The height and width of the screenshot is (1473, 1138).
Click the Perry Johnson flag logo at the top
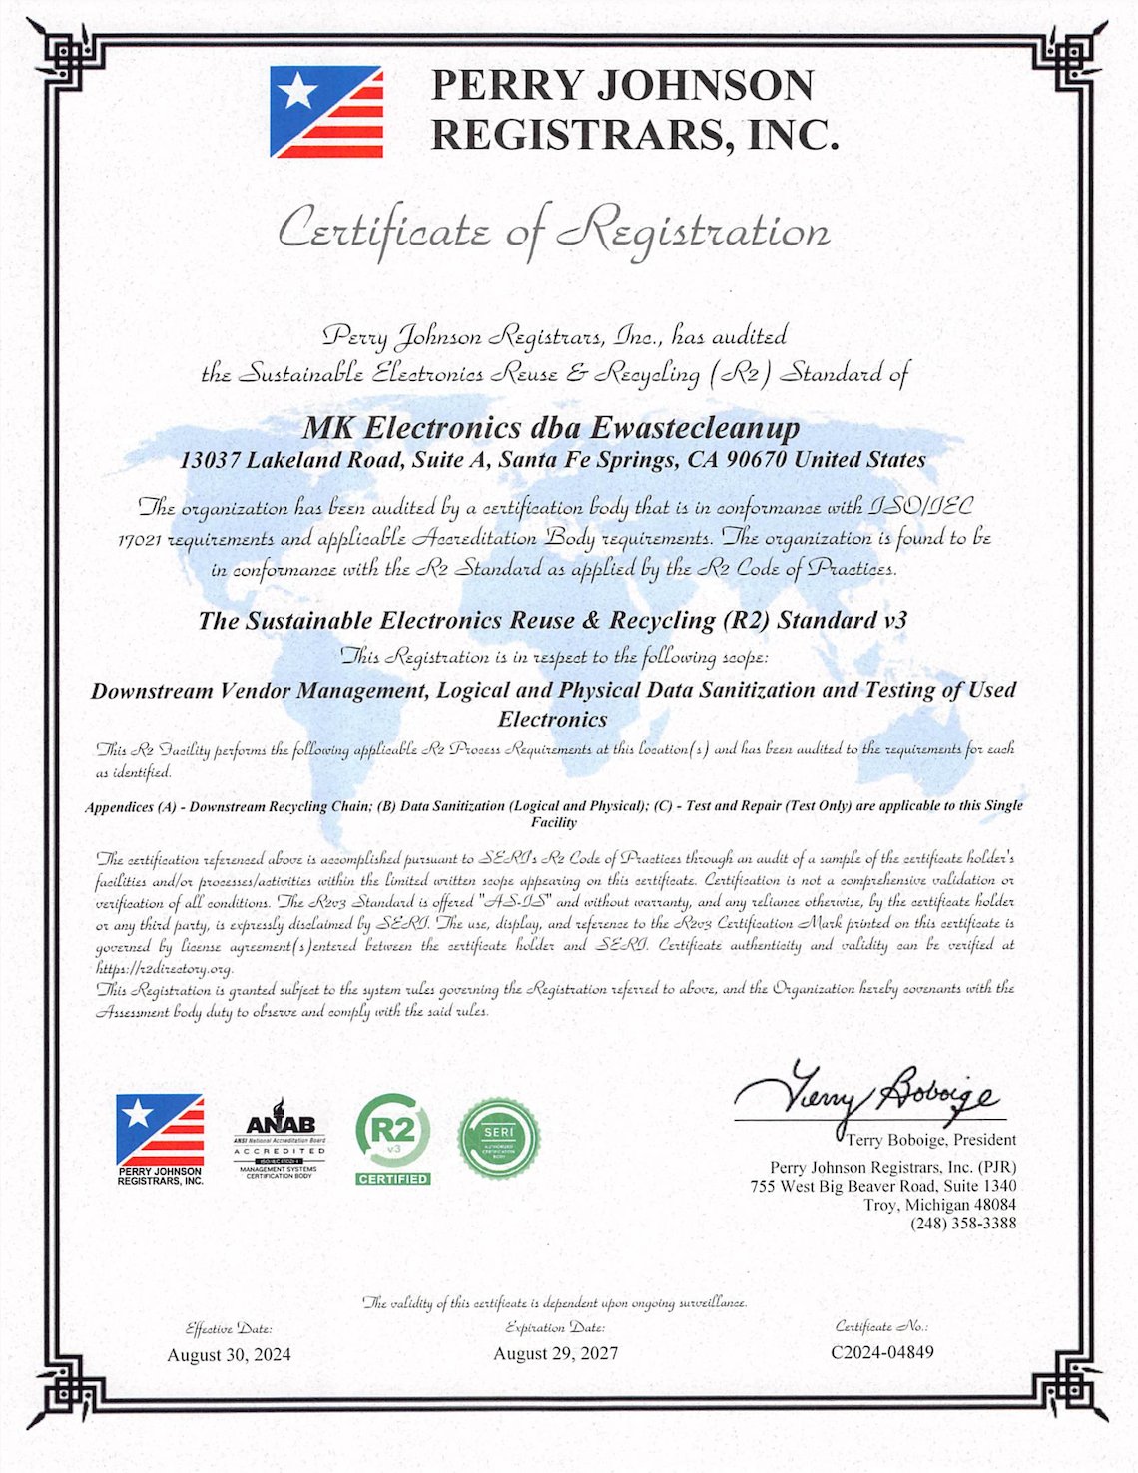tap(326, 112)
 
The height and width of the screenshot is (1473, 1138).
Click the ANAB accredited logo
tap(280, 1138)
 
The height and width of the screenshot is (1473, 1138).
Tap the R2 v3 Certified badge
tap(393, 1139)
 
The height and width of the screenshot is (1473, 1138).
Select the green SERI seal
tap(499, 1137)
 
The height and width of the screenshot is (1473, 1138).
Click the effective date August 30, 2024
tap(230, 1354)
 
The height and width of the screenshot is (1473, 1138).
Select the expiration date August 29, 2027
tap(556, 1354)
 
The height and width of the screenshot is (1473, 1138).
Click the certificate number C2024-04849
tap(882, 1353)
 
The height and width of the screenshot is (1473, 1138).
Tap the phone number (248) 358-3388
tap(963, 1224)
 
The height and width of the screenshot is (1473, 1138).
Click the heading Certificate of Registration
tap(553, 231)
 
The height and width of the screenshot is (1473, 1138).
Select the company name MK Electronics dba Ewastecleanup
tap(551, 428)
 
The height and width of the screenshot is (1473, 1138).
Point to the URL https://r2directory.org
tap(165, 968)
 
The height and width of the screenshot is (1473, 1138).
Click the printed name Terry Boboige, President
tap(931, 1140)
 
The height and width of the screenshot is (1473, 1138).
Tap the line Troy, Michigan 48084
tap(940, 1205)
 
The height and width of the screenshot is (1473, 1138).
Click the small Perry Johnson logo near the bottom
tap(160, 1139)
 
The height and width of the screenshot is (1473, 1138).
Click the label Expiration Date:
tap(555, 1328)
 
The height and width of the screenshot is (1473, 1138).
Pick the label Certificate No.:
tap(881, 1327)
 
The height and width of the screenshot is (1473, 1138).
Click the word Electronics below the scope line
tap(552, 719)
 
